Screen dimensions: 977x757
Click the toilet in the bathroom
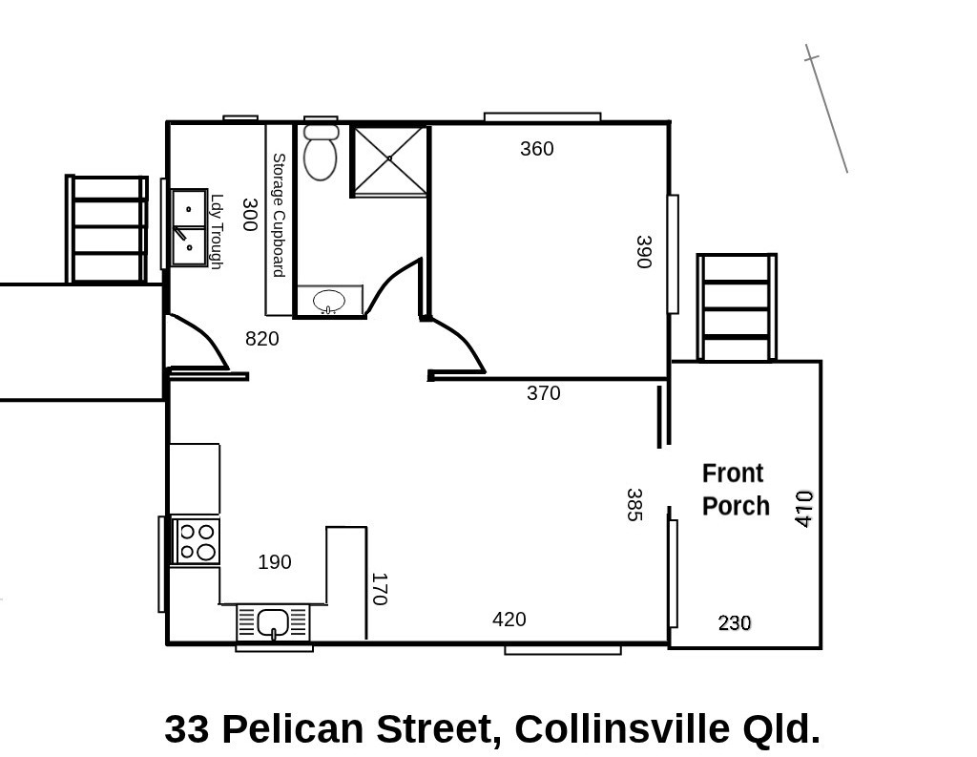tap(321, 152)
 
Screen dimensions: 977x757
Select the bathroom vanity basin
tap(329, 301)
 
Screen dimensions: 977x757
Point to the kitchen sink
tap(273, 622)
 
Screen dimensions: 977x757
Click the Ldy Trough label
tap(217, 232)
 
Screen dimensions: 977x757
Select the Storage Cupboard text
tap(279, 216)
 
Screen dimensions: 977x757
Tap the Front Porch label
tap(736, 490)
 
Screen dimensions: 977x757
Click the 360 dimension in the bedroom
tap(536, 148)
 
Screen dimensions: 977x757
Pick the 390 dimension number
tap(644, 252)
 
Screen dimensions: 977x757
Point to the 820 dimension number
tap(261, 339)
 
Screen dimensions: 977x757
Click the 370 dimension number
tap(543, 393)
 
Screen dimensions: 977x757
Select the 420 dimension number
tap(509, 620)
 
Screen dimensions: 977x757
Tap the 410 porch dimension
tap(804, 509)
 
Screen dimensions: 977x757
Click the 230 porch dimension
tap(735, 623)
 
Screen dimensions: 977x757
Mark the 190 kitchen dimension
tap(274, 562)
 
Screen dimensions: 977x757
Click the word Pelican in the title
tap(292, 728)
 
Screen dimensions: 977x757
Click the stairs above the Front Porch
tap(737, 306)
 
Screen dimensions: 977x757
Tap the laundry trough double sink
tap(190, 227)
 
